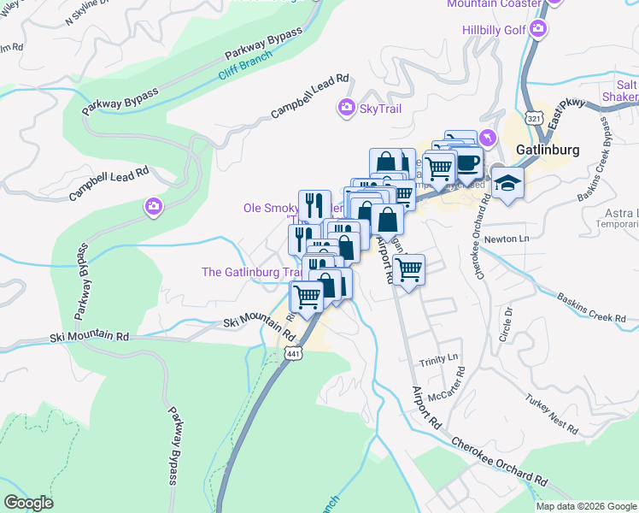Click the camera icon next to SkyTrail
pyautogui.click(x=347, y=108)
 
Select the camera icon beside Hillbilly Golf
pyautogui.click(x=537, y=30)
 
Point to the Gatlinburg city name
pyautogui.click(x=548, y=150)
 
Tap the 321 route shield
pyautogui.click(x=533, y=115)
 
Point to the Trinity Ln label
pyautogui.click(x=440, y=358)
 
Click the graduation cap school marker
pyautogui.click(x=507, y=185)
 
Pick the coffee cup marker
pyautogui.click(x=467, y=162)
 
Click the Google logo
pyautogui.click(x=28, y=503)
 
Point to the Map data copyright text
pyautogui.click(x=586, y=506)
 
